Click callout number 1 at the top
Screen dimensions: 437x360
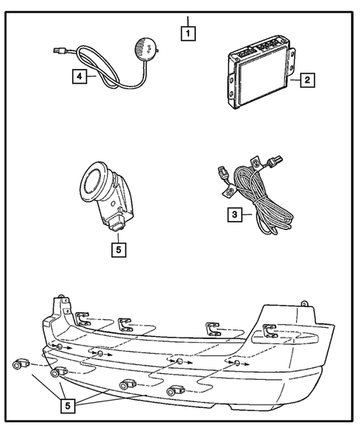coord(189,33)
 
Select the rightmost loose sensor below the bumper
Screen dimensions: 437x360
coord(175,390)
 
